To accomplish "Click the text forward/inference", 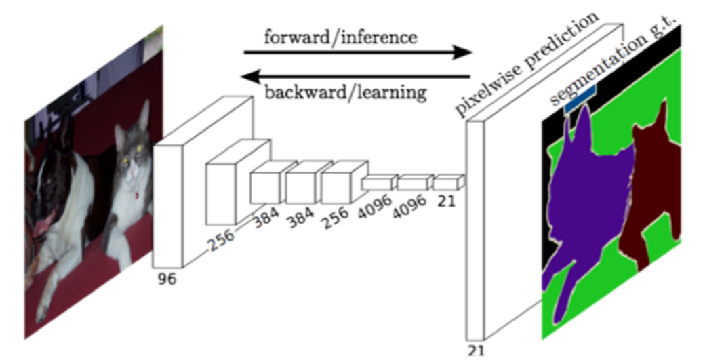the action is click(x=340, y=37).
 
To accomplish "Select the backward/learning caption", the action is click(x=345, y=92).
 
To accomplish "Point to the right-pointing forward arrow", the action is click(x=358, y=52).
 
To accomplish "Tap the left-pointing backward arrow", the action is click(x=355, y=77).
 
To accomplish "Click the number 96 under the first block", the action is click(x=167, y=279).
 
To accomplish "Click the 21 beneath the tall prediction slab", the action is click(x=476, y=351).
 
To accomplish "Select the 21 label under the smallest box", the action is click(x=446, y=201).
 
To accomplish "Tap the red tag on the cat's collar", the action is click(x=137, y=196).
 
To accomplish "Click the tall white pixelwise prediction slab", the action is click(x=476, y=230).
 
